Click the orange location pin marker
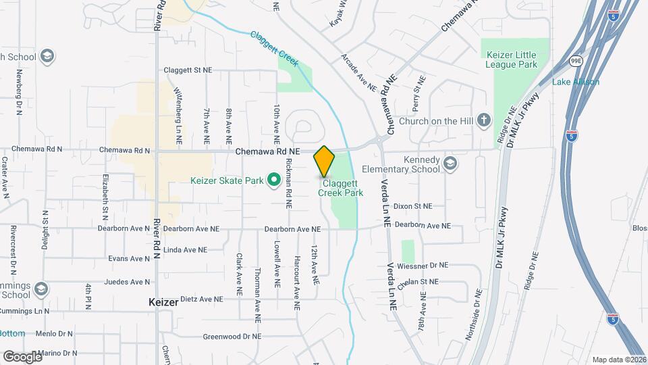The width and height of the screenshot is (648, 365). (324, 161)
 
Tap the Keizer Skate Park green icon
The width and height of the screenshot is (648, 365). (273, 180)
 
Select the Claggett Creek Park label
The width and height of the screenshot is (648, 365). (341, 188)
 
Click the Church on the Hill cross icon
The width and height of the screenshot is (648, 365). (483, 121)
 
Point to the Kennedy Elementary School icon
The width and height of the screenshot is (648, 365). (450, 164)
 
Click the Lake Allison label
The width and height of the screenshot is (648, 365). (576, 82)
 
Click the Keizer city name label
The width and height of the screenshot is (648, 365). (163, 303)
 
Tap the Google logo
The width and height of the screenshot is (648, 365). (22, 356)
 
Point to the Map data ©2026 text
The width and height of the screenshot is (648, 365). (618, 360)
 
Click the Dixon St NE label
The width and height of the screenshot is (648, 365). (413, 205)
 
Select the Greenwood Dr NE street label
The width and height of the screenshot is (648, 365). (232, 336)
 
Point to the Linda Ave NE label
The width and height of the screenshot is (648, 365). (185, 249)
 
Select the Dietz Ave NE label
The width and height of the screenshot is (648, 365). (198, 298)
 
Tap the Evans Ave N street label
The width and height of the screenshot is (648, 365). (129, 259)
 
